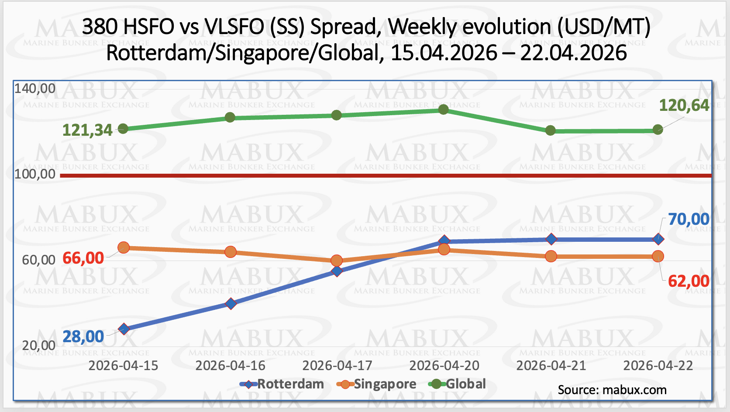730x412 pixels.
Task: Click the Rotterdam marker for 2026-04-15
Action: point(124,329)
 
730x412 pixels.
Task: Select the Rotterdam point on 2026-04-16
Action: point(231,303)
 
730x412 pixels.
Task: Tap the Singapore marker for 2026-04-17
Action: point(337,261)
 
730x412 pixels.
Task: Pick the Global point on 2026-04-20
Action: point(444,109)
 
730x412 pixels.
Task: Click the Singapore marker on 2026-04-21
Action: point(551,256)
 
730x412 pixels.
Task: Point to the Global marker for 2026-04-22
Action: point(658,130)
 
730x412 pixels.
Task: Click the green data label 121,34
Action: point(87,130)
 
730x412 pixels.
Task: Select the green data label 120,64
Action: point(684,105)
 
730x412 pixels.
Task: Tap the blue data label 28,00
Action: point(83,336)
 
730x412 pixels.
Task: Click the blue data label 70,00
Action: point(689,219)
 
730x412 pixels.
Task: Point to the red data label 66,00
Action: point(83,258)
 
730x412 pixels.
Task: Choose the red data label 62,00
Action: point(689,281)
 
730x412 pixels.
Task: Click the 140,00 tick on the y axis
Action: point(35,89)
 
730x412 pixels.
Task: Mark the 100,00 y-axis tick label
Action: point(35,174)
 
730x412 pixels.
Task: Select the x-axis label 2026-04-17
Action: point(337,365)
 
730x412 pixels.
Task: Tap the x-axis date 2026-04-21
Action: point(551,365)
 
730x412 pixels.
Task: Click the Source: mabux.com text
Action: point(612,390)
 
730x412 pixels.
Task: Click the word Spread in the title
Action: point(342,27)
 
